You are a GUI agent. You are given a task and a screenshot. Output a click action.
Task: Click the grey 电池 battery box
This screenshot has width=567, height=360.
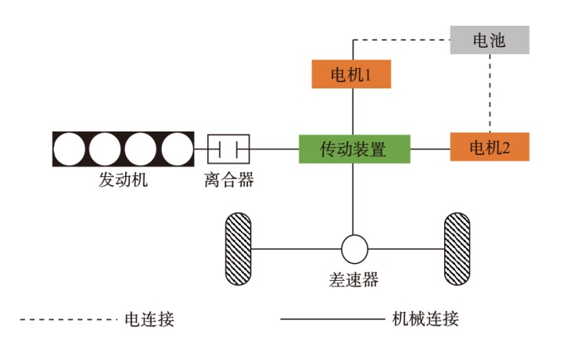pyautogui.click(x=490, y=40)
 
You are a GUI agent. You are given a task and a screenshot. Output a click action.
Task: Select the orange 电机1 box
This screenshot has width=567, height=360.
pyautogui.click(x=350, y=74)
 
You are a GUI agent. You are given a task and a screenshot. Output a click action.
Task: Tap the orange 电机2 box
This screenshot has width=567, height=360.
pyautogui.click(x=490, y=147)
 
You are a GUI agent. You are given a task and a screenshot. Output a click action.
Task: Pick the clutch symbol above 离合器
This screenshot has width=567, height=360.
pyautogui.click(x=228, y=148)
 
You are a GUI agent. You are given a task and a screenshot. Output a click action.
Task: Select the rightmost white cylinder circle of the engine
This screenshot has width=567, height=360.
pyautogui.click(x=176, y=149)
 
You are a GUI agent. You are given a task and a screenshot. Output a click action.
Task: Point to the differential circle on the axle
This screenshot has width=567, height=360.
pyautogui.click(x=354, y=250)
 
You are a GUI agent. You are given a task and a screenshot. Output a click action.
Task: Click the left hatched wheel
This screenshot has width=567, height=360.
pyautogui.click(x=238, y=249)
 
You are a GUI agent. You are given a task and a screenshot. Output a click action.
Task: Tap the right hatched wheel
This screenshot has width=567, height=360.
pyautogui.click(x=457, y=249)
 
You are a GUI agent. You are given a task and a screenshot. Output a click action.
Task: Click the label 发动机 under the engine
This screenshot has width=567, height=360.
pyautogui.click(x=123, y=180)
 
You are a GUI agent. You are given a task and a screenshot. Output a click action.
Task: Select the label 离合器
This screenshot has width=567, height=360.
pyautogui.click(x=228, y=180)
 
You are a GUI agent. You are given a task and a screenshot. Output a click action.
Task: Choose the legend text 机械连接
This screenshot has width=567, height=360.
pyautogui.click(x=425, y=319)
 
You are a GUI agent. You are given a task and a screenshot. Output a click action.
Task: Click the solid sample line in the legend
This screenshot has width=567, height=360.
pyautogui.click(x=332, y=319)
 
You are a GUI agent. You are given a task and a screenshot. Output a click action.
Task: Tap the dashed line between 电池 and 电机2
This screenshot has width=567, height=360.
pyautogui.click(x=490, y=93)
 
